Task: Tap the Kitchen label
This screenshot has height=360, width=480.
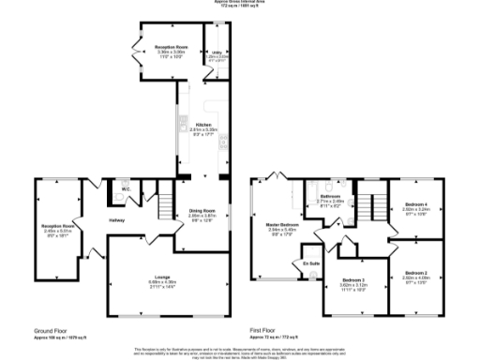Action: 202,124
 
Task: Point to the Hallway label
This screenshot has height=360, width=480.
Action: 116,220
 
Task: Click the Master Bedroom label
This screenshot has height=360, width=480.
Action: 282,223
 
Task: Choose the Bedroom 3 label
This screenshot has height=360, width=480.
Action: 353,280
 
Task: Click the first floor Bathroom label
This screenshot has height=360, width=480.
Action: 330,196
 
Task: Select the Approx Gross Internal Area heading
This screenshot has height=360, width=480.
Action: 239,3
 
